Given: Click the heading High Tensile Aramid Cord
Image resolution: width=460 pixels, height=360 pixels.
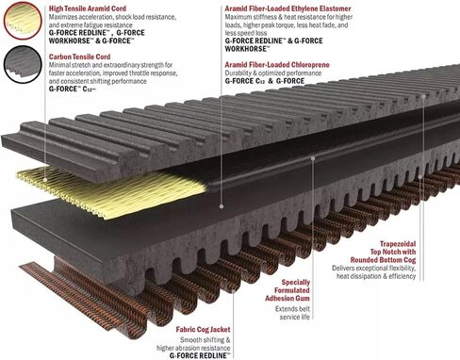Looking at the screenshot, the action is tap(88, 8).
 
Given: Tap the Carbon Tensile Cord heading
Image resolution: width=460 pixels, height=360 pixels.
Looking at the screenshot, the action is tap(79, 57).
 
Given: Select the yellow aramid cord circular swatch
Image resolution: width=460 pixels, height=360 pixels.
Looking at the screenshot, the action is tap(23, 21).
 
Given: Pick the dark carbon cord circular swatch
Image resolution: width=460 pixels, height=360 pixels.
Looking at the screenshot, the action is tap(23, 64).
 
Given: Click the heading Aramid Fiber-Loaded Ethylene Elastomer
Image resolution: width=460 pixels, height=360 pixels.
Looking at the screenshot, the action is tap(287, 8).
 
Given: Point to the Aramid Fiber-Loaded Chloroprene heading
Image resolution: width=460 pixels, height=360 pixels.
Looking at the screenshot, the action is tap(277, 65).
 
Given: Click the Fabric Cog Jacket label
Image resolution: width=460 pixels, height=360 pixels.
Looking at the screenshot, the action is tap(203, 330).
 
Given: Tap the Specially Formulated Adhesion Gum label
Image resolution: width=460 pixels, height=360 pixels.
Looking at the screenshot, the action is tap(287, 290).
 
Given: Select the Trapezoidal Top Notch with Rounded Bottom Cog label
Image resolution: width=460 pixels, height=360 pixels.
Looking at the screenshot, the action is tap(384, 252).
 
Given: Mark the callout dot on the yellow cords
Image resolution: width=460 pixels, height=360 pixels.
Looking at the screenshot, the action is tap(45, 180).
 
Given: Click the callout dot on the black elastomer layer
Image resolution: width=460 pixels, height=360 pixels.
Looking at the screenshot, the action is tap(222, 206).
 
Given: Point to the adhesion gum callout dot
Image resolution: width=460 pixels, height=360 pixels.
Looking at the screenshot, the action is tap(313, 158).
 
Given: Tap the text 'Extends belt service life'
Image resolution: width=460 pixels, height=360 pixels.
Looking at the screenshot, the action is tap(292, 313).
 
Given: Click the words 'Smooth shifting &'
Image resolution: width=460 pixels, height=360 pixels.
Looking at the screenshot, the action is tap(205, 340).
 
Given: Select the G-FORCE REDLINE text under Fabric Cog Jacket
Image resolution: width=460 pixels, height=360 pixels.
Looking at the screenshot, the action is tap(200, 355).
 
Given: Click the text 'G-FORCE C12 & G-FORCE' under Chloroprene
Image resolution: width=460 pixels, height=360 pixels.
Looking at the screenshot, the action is tap(265, 81).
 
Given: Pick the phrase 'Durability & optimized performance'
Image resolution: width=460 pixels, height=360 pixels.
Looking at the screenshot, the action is tap(273, 73).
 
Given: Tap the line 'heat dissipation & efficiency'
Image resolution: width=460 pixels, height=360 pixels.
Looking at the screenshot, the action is tap(376, 276).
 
